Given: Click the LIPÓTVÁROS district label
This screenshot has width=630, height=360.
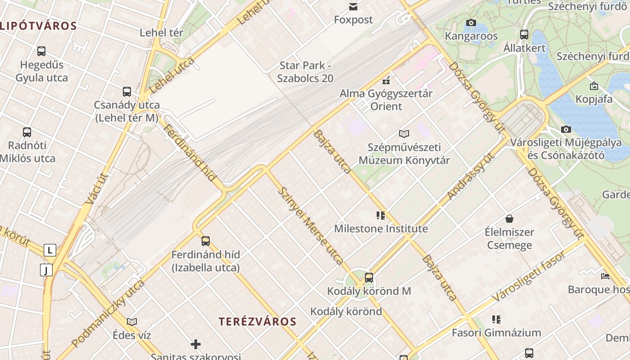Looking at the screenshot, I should click(38, 26).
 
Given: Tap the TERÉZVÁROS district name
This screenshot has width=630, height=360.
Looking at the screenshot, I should click(257, 321).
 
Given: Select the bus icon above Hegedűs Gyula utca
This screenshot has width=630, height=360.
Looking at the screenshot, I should click(41, 51).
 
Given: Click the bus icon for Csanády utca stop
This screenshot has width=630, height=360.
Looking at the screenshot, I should click(127, 92).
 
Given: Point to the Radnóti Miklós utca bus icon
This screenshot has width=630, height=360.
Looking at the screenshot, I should click(27, 132).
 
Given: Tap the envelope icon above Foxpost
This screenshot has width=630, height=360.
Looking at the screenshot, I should click(353, 7).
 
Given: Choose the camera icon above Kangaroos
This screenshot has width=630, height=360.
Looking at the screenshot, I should click(471, 22).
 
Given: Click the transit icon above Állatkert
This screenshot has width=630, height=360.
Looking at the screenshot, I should click(524, 34).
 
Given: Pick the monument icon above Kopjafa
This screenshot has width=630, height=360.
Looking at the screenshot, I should click(594, 85).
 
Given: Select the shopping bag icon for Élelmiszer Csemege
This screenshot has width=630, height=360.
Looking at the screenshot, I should click(509, 219).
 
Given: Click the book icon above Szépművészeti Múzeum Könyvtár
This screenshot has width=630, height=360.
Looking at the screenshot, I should click(404, 134).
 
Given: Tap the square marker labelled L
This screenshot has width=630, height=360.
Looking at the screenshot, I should click(49, 250).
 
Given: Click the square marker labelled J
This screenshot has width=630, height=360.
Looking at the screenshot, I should click(46, 270).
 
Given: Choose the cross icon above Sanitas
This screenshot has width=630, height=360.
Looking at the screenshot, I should click(196, 345).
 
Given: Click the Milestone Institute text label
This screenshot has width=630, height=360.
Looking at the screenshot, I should click(381, 229).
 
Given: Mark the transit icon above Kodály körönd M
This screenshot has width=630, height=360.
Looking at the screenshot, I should click(369, 278).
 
